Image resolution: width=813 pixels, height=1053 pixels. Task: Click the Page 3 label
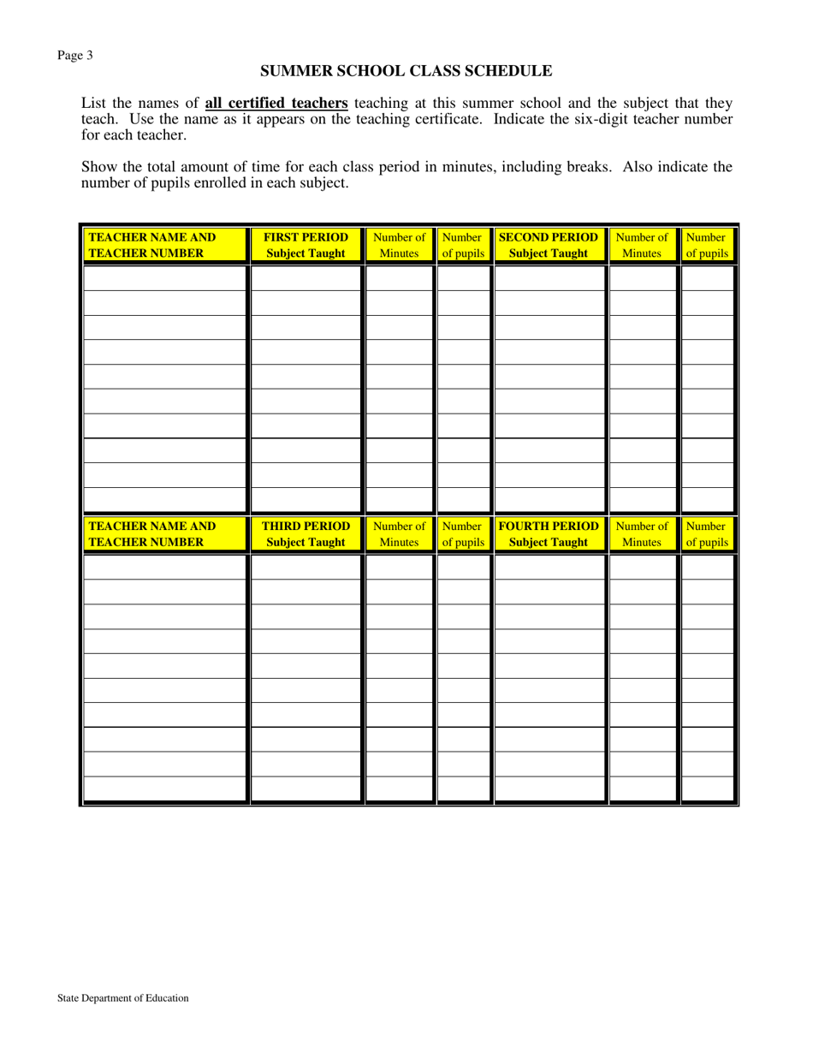[x=75, y=56]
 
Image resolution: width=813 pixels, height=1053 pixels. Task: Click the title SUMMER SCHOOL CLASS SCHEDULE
[x=406, y=71]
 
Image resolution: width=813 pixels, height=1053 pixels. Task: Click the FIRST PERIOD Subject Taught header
[x=306, y=245]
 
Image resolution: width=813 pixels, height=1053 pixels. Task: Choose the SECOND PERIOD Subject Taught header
[x=549, y=245]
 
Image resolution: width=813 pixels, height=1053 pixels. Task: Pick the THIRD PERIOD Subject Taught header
[x=306, y=534]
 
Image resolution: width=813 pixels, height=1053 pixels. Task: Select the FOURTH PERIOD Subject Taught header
[x=549, y=534]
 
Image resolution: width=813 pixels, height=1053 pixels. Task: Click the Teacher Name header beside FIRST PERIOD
[x=152, y=245]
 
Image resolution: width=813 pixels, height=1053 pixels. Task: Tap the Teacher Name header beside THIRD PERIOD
[x=152, y=534]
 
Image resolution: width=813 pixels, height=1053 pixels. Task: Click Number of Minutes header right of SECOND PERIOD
[x=642, y=245]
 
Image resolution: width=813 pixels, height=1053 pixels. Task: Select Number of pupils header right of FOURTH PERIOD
[x=707, y=534]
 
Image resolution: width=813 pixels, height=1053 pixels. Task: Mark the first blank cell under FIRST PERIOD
[x=306, y=279]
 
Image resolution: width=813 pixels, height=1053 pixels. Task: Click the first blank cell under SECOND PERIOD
[x=550, y=279]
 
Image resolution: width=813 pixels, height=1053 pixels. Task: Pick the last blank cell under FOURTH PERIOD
[x=550, y=788]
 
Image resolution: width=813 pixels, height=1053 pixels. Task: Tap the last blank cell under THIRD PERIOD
[x=306, y=788]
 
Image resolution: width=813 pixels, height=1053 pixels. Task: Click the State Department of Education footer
[x=123, y=997]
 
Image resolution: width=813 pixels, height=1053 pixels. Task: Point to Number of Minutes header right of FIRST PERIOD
[x=399, y=245]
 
